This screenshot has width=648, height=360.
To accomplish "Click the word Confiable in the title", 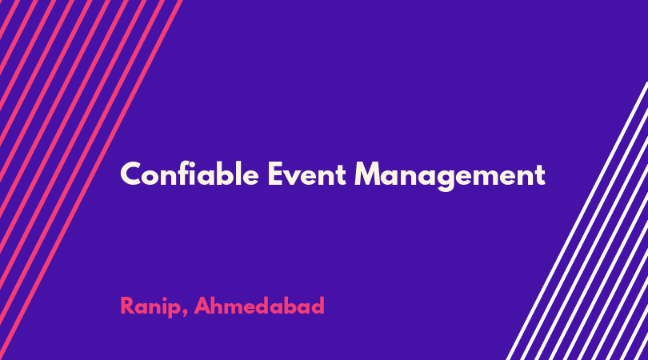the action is (x=190, y=174).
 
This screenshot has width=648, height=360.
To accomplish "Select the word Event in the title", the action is (x=306, y=174).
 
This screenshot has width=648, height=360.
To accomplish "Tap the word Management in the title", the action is (x=450, y=176).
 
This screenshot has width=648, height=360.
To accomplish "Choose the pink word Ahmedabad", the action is (x=259, y=306).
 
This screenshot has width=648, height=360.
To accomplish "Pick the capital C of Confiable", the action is (x=130, y=174).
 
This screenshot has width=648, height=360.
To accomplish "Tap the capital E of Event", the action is (x=276, y=174).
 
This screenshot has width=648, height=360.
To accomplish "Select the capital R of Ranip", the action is (x=127, y=306).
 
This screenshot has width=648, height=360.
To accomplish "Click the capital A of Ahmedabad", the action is (x=202, y=306).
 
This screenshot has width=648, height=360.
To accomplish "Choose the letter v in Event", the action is (x=294, y=178).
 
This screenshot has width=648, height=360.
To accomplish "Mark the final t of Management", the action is (x=539, y=175).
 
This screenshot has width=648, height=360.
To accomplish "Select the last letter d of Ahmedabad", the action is (x=318, y=306).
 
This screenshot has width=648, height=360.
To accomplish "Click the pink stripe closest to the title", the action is (x=91, y=180).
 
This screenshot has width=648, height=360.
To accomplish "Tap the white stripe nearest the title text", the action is (x=577, y=221).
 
